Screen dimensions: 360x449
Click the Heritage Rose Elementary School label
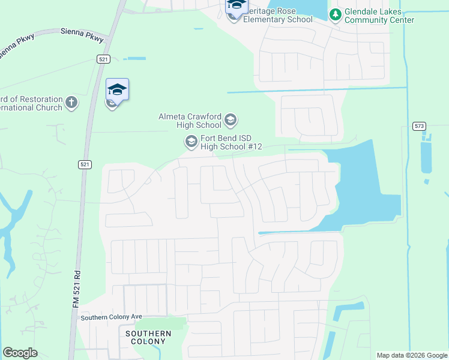276,19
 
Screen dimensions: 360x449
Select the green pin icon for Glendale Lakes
336,14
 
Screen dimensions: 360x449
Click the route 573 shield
419,126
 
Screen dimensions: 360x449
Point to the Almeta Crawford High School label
190,121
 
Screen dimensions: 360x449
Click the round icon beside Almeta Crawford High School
230,121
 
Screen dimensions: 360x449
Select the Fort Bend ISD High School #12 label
223,142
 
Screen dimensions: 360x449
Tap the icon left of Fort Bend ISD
191,142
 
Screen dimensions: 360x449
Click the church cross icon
71,102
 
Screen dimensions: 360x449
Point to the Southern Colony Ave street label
111,317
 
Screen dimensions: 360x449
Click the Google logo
20,353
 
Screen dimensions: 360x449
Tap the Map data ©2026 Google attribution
411,355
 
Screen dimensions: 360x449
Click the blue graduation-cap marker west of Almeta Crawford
117,90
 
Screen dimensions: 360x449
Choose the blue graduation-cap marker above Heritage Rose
237,6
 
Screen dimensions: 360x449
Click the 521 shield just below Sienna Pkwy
103,58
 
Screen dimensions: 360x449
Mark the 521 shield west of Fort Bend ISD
85,164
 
